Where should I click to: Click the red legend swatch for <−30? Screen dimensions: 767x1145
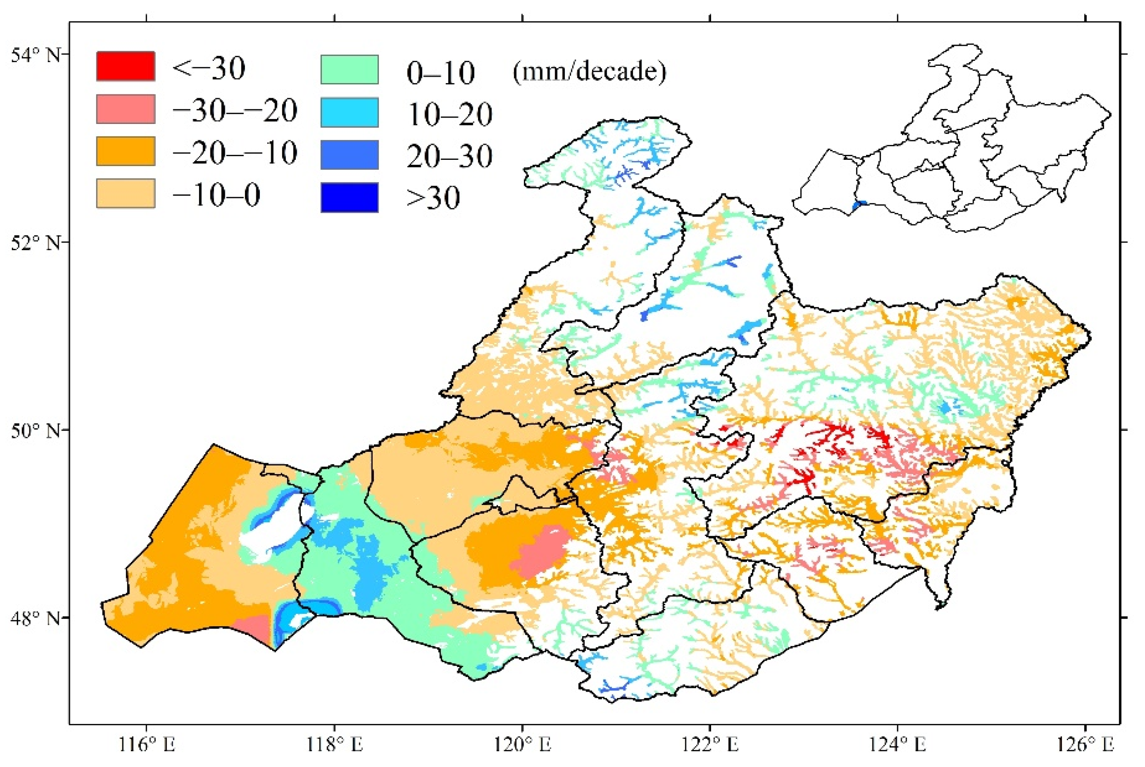pos(125,65)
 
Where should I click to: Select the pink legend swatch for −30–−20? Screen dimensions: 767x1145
pos(125,109)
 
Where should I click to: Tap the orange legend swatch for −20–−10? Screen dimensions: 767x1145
pos(125,151)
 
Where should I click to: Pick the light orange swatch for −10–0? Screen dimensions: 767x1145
pos(125,193)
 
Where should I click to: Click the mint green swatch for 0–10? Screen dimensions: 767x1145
pos(349,69)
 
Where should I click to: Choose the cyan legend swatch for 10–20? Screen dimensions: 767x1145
pos(349,112)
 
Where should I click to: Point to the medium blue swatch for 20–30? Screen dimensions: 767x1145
pos(349,154)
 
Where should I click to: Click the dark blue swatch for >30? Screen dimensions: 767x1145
pos(349,197)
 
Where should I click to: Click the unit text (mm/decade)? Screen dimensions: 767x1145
pos(589,72)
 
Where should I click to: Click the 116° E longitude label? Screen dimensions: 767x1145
pos(147,745)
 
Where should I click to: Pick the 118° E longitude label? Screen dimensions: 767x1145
pos(335,745)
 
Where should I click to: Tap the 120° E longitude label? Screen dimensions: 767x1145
pos(523,745)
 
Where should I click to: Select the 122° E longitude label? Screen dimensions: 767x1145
pos(710,745)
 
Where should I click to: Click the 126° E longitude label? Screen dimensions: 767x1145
pos(1085,745)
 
